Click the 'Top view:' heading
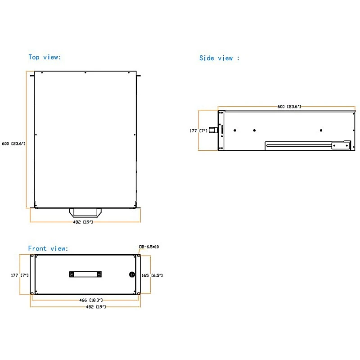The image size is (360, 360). click(x=45, y=57)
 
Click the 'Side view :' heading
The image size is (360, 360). click(x=219, y=58)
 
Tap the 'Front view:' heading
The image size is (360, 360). click(x=48, y=248)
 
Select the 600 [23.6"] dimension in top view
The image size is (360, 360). click(x=13, y=144)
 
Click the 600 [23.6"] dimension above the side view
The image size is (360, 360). click(x=289, y=107)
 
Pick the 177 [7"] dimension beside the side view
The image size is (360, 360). click(x=198, y=130)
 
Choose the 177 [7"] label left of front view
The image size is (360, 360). click(x=20, y=275)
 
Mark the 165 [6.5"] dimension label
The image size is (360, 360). click(x=152, y=275)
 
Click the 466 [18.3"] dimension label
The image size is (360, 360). click(x=91, y=300)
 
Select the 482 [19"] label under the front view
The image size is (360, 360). click(x=96, y=307)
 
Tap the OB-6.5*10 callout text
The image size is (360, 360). click(x=149, y=247)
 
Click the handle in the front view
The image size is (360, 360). click(x=85, y=274)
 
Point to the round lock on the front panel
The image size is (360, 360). click(x=132, y=274)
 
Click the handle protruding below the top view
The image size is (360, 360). click(x=85, y=212)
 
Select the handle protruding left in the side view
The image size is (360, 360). click(x=213, y=130)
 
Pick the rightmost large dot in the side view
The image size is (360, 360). click(x=321, y=130)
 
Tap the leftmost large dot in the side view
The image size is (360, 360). click(x=235, y=130)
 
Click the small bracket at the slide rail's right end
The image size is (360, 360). click(x=341, y=145)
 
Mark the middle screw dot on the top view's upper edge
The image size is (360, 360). click(x=85, y=73)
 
